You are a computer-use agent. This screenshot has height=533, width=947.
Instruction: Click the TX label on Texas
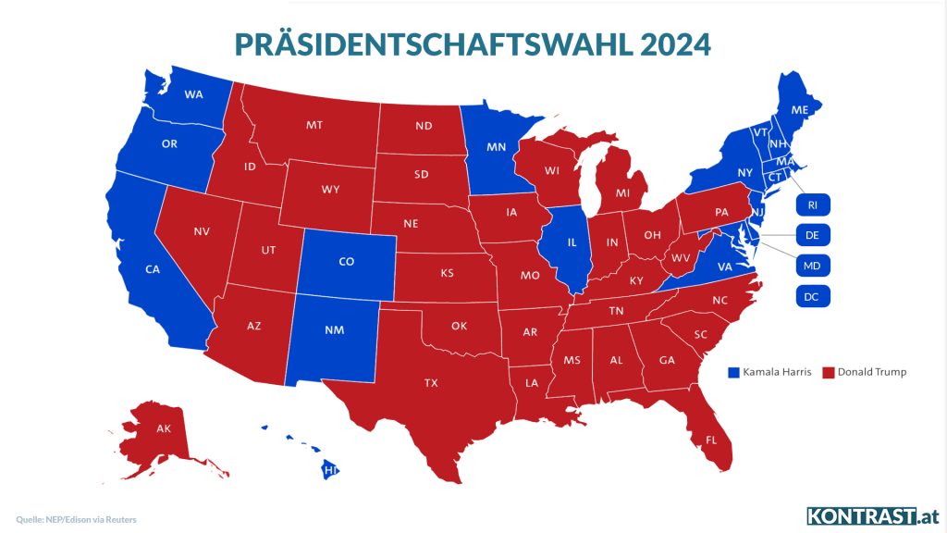[x=431, y=382]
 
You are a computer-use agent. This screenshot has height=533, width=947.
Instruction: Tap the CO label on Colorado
[x=347, y=262]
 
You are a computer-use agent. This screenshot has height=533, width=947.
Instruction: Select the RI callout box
[x=813, y=205]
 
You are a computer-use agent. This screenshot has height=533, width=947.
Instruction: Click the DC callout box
[x=813, y=296]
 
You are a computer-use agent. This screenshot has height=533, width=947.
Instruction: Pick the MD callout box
[x=813, y=266]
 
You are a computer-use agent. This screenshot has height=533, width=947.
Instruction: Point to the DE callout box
[x=813, y=235]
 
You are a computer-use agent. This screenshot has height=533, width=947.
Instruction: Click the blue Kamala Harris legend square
[x=734, y=372]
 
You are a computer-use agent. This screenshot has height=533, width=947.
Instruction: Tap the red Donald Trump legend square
[x=829, y=372]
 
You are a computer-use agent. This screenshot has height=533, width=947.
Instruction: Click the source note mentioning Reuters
[x=77, y=519]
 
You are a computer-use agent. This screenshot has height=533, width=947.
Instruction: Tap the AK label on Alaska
[x=164, y=428]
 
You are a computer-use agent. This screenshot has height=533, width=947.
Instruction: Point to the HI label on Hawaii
[x=328, y=470]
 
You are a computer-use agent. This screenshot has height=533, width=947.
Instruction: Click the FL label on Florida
[x=711, y=440]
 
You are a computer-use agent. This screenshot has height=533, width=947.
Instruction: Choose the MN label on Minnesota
[x=497, y=146]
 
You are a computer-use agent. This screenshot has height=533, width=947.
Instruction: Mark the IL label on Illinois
[x=572, y=242]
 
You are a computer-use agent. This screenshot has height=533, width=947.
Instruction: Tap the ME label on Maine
[x=800, y=109]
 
